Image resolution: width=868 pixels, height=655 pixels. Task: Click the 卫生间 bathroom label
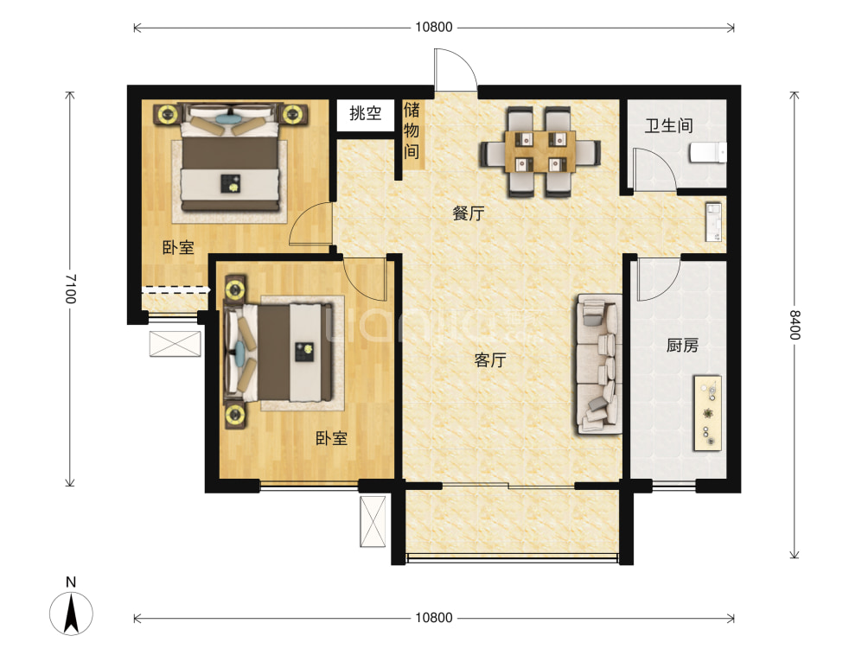(668, 126)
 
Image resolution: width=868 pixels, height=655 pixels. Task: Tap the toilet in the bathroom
(706, 153)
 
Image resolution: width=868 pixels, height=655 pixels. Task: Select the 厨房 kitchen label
(681, 347)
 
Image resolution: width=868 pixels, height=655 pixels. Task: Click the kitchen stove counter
(707, 413)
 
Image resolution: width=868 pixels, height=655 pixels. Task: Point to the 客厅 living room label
(489, 361)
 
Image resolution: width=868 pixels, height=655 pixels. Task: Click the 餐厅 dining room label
(468, 214)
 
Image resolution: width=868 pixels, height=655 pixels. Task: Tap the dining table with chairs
(539, 151)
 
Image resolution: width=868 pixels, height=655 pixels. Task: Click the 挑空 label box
(366, 113)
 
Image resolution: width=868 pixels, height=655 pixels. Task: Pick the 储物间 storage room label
(412, 131)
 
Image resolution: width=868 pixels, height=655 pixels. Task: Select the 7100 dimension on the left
(70, 288)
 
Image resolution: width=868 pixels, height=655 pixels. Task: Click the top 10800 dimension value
(433, 27)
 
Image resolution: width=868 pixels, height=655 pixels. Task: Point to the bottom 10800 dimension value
(433, 618)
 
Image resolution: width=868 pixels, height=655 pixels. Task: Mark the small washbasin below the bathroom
(712, 221)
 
